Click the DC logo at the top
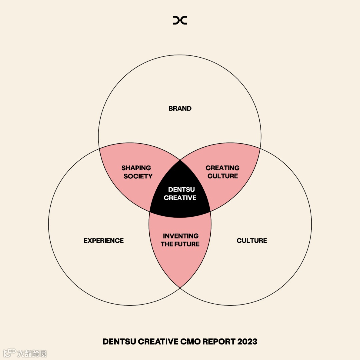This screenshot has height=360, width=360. tap(180, 20)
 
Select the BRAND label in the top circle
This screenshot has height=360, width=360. tap(180, 108)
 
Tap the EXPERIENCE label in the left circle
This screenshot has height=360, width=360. tap(104, 240)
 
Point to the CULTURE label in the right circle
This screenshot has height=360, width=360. tap(252, 240)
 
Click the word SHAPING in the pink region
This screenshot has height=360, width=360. tap(136, 168)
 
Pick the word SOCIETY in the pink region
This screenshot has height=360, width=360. tap(138, 176)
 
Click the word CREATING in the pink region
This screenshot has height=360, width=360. tap(222, 168)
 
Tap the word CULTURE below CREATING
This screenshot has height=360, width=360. tap(223, 176)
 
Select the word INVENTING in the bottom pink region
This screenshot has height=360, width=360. tap(180, 236)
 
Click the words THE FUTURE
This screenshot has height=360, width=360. tap(180, 244)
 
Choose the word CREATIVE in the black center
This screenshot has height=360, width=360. tap(180, 198)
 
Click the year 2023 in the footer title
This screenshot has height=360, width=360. tap(247, 341)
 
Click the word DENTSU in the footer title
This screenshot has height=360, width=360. tap(119, 341)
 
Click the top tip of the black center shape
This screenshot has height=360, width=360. tap(180, 161)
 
